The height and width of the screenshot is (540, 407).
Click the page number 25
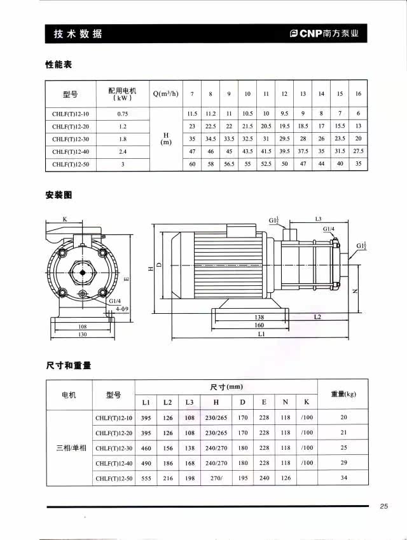(x=384, y=506)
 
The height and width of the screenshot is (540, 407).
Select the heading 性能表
(x=59, y=65)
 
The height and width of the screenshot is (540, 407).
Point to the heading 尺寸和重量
(x=68, y=365)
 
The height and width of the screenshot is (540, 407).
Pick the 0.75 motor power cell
(x=123, y=114)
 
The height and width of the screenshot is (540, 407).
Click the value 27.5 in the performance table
(x=358, y=151)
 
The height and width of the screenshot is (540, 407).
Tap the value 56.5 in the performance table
(x=229, y=164)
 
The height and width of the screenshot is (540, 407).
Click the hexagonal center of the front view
(x=83, y=269)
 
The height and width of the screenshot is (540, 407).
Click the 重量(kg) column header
(x=343, y=394)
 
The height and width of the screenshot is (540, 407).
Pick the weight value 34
(x=343, y=478)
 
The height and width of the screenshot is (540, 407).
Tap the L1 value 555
(x=146, y=478)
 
